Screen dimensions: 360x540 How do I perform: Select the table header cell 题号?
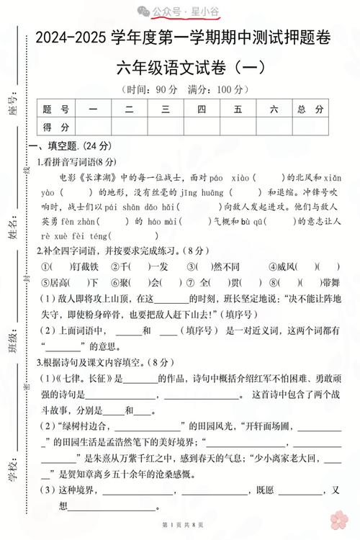point(56,109)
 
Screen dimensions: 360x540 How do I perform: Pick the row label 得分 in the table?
point(56,127)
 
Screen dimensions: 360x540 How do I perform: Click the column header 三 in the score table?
point(165,109)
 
